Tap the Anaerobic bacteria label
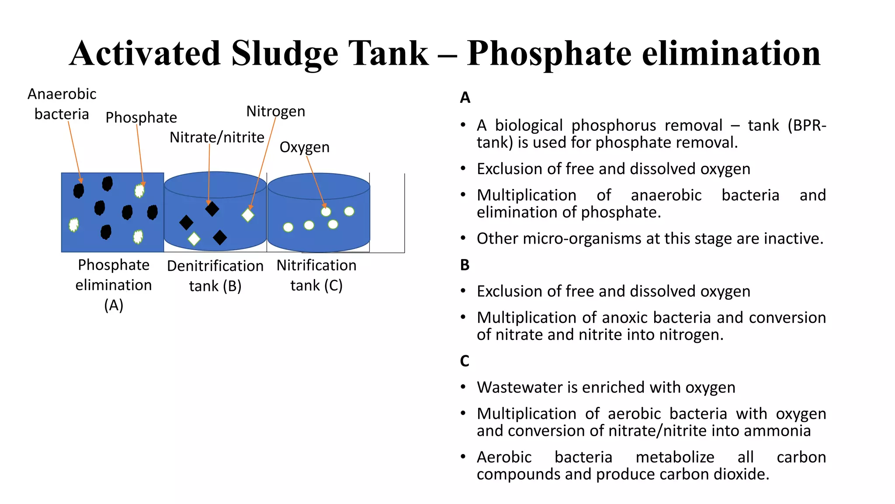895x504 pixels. tap(62, 104)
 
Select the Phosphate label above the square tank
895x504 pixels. tap(141, 117)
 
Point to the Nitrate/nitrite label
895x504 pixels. tap(217, 137)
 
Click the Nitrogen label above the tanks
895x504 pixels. tap(276, 112)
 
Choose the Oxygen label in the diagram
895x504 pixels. tap(305, 147)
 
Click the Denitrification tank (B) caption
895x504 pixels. tap(215, 276)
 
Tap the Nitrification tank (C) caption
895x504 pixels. tap(316, 275)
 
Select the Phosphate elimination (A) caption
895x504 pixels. tap(114, 285)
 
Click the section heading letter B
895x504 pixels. tap(465, 265)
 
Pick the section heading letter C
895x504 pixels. tap(465, 361)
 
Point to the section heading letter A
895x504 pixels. tap(465, 98)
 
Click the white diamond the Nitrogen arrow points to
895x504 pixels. tap(248, 215)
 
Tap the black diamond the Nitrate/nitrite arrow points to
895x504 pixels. tap(212, 209)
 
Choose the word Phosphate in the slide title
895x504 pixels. tap(549, 54)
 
